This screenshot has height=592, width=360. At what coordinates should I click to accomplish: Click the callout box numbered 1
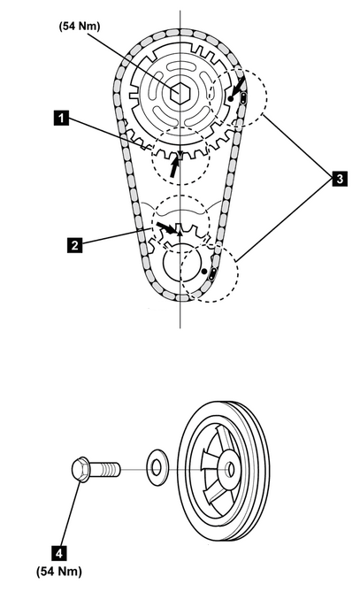(x=61, y=118)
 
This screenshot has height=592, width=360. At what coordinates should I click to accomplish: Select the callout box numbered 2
(x=74, y=245)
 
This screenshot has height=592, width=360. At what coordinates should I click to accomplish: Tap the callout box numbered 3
(x=340, y=179)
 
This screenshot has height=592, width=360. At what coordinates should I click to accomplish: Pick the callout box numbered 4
(x=59, y=553)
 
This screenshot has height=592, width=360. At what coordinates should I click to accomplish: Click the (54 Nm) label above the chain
(x=80, y=27)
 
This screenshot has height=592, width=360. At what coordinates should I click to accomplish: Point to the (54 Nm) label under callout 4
(x=59, y=572)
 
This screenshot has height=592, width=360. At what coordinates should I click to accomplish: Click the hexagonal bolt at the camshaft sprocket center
(x=179, y=93)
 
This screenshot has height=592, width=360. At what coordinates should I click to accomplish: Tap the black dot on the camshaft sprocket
(x=231, y=99)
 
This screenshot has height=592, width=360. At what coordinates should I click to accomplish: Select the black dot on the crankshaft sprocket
(x=204, y=271)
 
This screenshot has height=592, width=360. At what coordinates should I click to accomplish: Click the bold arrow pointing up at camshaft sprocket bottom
(x=174, y=167)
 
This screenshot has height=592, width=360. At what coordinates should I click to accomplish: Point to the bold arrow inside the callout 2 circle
(x=166, y=227)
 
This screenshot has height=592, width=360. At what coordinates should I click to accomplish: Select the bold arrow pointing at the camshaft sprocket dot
(x=238, y=87)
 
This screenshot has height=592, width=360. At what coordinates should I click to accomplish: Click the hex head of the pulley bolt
(x=80, y=469)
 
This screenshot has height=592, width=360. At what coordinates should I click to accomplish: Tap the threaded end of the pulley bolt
(x=111, y=470)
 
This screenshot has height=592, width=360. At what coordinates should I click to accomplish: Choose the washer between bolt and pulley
(x=157, y=468)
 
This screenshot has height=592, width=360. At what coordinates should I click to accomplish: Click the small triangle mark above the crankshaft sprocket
(x=180, y=233)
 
